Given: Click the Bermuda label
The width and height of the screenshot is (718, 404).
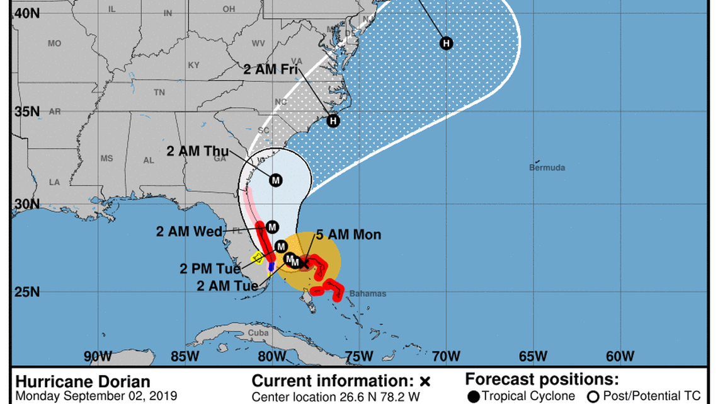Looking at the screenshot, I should pyautogui.click(x=547, y=168).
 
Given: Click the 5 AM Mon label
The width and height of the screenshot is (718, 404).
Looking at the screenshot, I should pyautogui.click(x=349, y=235).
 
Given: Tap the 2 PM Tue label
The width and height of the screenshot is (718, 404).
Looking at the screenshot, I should pyautogui.click(x=210, y=269).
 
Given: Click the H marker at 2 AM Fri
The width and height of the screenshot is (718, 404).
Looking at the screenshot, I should pyautogui.click(x=333, y=121).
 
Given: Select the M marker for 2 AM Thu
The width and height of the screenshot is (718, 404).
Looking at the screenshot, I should pyautogui.click(x=275, y=180).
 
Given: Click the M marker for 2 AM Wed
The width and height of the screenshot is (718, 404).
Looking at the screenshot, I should pyautogui.click(x=271, y=226).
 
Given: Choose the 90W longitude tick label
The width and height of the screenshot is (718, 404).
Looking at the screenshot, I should pyautogui.click(x=97, y=356).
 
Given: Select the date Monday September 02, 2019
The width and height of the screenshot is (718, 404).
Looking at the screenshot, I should pyautogui.click(x=93, y=397).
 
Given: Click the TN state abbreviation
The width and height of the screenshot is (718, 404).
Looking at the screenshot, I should pyautogui.click(x=159, y=92).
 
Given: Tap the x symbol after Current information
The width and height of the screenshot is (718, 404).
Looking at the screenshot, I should pyautogui.click(x=425, y=382).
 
